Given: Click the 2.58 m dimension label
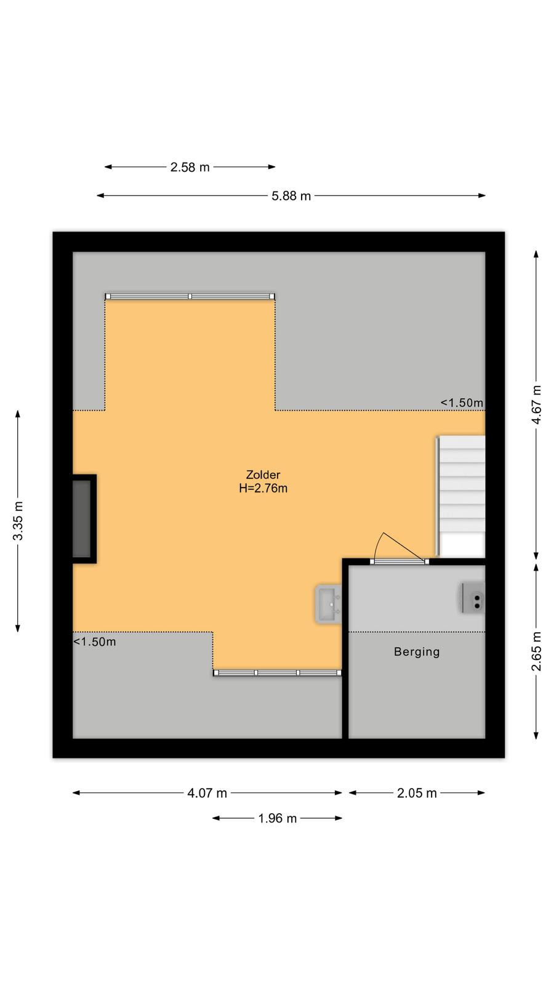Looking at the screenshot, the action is tap(190, 167).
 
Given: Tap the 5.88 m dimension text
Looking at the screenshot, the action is tap(291, 196).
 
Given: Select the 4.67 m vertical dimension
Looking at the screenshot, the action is tap(536, 404).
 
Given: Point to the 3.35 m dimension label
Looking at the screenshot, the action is tap(18, 521).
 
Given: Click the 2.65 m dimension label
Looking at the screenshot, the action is tap(536, 651).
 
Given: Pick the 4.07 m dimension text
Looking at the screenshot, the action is tap(207, 793).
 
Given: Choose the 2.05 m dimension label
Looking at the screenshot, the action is tap(417, 793).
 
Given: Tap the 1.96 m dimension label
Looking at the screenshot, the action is tap(278, 818).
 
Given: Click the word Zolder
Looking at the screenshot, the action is tap(263, 475).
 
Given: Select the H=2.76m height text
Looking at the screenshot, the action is tap(263, 488).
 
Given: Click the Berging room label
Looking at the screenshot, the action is tap(417, 652).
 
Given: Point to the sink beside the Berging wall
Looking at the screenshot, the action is tap(329, 604).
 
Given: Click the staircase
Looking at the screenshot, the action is tap(462, 496).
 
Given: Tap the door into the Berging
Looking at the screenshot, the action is tap(399, 549).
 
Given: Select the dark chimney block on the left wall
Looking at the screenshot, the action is tap(84, 519).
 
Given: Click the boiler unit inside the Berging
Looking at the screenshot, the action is tap(473, 598).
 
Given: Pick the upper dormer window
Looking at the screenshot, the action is tap(190, 296).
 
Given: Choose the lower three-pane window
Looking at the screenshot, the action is tap(278, 673).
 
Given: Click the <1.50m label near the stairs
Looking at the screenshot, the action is tap(462, 403).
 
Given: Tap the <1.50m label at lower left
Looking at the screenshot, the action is tap(95, 642).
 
